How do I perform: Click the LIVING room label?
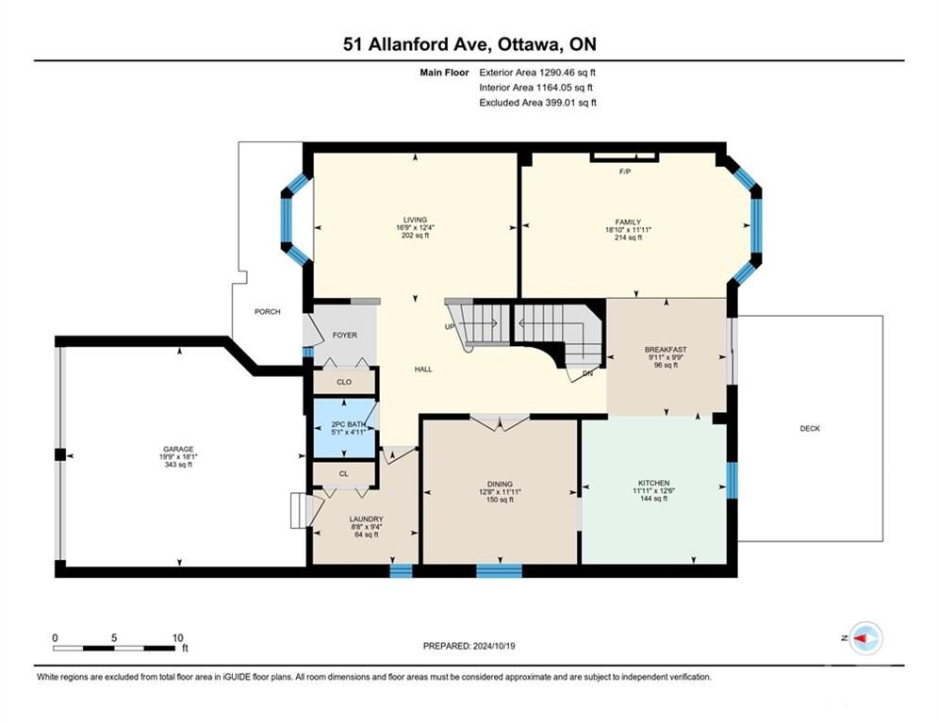(415, 220)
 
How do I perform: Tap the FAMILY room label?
(628, 222)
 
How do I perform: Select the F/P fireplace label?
(625, 172)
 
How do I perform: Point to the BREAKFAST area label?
(666, 350)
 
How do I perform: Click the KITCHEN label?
(654, 483)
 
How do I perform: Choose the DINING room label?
(500, 484)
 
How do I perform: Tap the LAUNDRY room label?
(366, 519)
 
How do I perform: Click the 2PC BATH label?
(348, 424)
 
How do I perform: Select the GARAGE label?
(178, 450)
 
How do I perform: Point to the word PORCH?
(268, 312)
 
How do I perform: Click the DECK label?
(810, 428)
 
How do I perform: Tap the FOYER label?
(345, 335)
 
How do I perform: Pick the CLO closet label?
(344, 382)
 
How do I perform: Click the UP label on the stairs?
(450, 327)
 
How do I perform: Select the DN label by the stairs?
(587, 373)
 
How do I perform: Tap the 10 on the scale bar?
(177, 638)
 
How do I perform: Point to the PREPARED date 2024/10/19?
(494, 646)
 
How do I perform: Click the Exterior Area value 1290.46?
(557, 73)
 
